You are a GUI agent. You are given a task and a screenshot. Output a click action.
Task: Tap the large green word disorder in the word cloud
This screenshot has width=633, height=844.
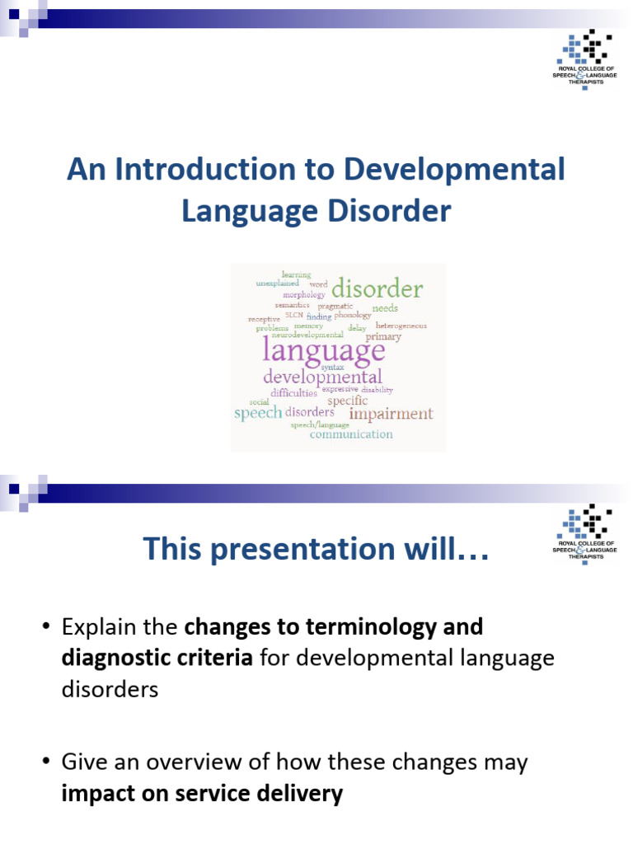pos(377,289)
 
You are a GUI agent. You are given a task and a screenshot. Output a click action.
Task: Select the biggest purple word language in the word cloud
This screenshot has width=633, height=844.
pos(324,350)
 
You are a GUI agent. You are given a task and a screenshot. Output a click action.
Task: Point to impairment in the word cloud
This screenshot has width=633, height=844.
pos(391,414)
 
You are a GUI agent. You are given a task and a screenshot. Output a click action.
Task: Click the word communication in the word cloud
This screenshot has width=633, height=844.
pos(351,434)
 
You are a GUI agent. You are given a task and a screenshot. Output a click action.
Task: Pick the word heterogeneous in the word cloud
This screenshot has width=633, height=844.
pos(401,326)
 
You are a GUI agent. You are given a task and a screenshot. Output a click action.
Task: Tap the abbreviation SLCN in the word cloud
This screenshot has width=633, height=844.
pos(293,315)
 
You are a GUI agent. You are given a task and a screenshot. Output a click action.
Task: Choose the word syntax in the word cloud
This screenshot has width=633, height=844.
pos(332,366)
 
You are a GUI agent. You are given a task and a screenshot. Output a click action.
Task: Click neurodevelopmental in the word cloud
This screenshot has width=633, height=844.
pos(307,335)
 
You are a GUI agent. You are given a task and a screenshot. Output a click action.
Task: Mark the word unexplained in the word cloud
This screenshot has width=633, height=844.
pos(277,283)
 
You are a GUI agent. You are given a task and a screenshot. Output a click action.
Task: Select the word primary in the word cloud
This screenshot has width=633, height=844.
pos(383,336)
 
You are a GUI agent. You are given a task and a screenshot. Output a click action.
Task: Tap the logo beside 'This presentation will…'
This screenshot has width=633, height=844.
pos(584,534)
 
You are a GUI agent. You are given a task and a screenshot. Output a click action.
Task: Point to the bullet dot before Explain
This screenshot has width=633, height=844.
pos(46,628)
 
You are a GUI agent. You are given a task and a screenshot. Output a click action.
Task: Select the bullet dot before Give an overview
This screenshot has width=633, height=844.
pos(46,762)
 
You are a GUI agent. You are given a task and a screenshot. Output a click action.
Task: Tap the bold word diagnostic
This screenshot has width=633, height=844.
pos(115,659)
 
